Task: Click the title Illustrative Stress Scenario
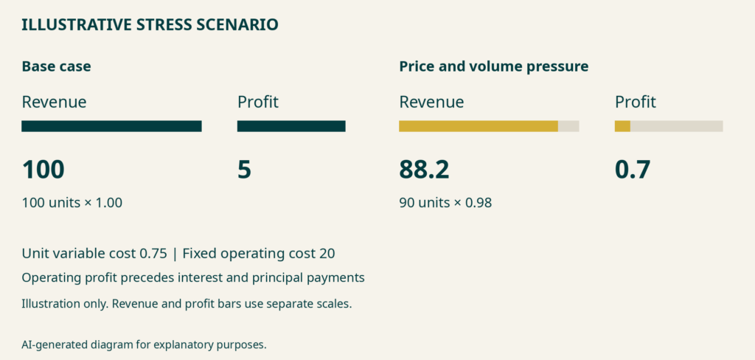coord(150,24)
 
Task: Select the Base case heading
coord(56,66)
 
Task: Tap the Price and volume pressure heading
coord(493,66)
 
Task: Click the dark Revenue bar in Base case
coord(112,126)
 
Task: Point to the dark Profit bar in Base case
coord(291,126)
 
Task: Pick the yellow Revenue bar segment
coord(479,126)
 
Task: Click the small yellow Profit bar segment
coord(622,126)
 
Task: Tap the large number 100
coord(44,170)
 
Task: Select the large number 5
coord(244,170)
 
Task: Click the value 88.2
coord(424,170)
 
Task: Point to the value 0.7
coord(633,170)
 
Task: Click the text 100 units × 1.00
coord(72,203)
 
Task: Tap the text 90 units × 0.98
coord(445,203)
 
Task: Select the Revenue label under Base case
coord(55,102)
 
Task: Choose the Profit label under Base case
coord(258,102)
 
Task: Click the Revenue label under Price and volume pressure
coord(432,102)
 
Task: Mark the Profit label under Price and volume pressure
coord(636,102)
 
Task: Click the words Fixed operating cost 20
coord(259,254)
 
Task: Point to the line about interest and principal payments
coord(193,278)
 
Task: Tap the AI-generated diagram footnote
coord(144,345)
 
